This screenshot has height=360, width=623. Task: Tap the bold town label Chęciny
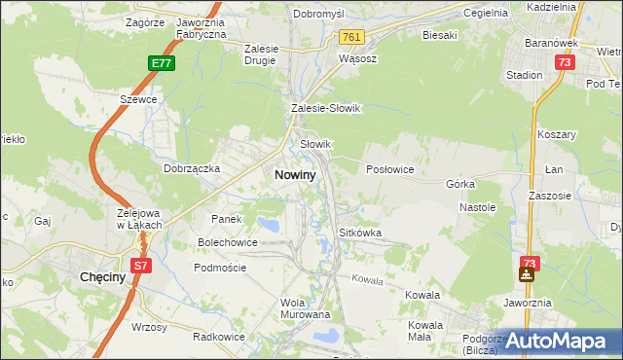(x=99, y=278)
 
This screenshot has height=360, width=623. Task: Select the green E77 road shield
(x=162, y=63)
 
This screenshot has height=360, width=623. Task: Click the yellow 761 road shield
(x=352, y=37)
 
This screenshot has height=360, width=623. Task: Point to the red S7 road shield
(x=140, y=265)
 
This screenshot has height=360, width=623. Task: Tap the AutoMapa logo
(x=558, y=342)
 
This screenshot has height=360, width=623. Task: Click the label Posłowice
(x=390, y=169)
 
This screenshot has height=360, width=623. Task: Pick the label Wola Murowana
(x=306, y=308)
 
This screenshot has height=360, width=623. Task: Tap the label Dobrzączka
(x=192, y=168)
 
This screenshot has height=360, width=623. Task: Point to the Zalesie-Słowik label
(x=326, y=109)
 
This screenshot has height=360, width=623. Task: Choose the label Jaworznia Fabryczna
(x=202, y=27)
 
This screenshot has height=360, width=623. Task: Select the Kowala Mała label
(x=426, y=330)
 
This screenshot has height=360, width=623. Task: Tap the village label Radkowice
(x=217, y=337)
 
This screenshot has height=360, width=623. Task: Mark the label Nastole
(x=478, y=207)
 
